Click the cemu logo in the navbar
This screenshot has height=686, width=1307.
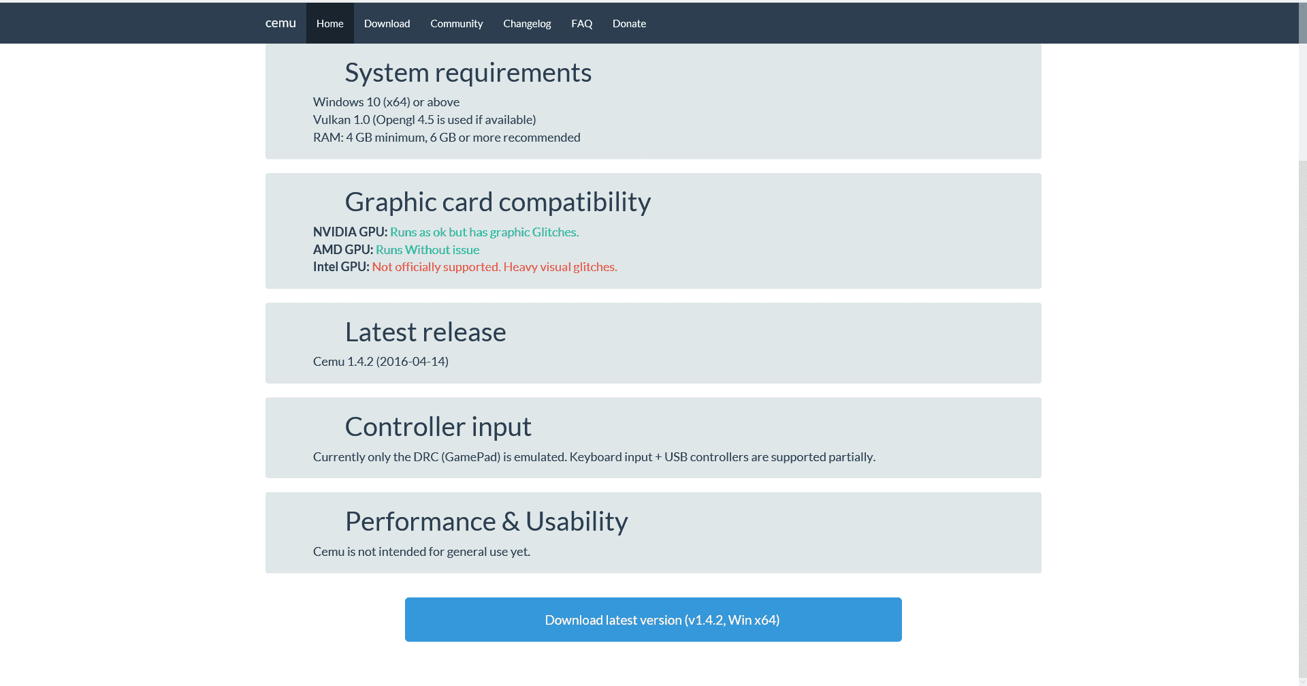tap(280, 23)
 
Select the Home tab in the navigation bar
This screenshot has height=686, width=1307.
tap(330, 23)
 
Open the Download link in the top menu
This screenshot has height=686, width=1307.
tap(387, 23)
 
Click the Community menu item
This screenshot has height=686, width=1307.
tap(456, 23)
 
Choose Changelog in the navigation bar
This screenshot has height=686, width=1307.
tap(527, 23)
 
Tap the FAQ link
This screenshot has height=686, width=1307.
tap(581, 23)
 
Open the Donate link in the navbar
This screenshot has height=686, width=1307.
tap(629, 23)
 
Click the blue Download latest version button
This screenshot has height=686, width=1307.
tap(653, 619)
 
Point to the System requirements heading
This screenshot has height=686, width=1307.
tap(468, 73)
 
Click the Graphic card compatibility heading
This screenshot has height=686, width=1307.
tap(498, 202)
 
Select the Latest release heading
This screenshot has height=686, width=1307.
tap(425, 332)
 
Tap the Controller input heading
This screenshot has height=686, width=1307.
tap(438, 427)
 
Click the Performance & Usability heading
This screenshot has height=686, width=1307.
tap(486, 522)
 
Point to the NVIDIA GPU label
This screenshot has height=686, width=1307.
tap(350, 232)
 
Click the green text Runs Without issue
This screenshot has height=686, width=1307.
tap(427, 250)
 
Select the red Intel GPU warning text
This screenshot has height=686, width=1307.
tap(495, 267)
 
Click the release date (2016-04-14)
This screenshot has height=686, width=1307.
tap(413, 362)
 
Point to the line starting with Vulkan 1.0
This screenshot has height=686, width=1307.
tap(425, 120)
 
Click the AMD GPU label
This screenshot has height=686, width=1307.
tap(343, 250)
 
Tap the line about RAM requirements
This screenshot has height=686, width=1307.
tap(447, 138)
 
